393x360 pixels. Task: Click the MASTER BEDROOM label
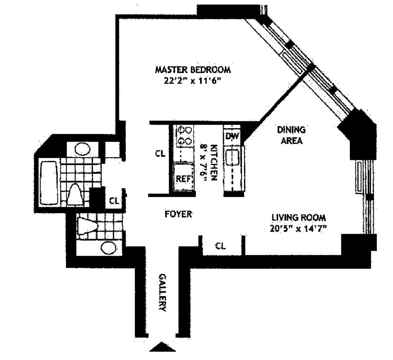click(193, 70)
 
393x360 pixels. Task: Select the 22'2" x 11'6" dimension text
click(193, 80)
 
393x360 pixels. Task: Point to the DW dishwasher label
click(232, 136)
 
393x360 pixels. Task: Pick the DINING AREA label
click(291, 135)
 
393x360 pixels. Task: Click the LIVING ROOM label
click(299, 217)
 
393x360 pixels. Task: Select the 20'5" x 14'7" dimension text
click(299, 228)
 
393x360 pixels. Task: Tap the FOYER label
click(178, 214)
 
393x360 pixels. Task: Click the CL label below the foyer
click(221, 246)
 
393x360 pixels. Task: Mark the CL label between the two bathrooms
click(114, 201)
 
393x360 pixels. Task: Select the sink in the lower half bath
click(108, 248)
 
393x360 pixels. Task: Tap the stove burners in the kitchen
click(185, 135)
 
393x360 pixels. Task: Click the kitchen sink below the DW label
click(232, 157)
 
